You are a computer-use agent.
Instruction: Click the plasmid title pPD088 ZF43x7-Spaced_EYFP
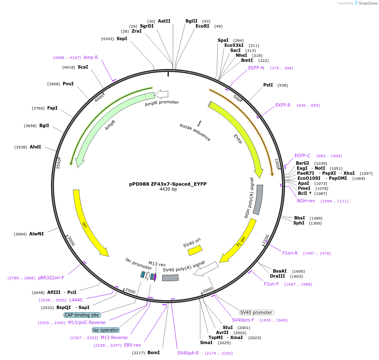point(168,184)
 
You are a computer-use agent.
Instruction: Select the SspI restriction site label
point(122,39)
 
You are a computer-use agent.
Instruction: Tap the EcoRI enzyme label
point(202,26)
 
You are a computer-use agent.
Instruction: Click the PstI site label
point(268,85)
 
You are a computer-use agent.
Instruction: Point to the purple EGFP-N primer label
point(256,68)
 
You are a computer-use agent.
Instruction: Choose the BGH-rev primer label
point(306,201)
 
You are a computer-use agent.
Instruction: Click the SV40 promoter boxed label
point(257,312)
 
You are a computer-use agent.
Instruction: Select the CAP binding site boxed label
point(82,315)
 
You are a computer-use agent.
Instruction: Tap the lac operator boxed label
point(106,330)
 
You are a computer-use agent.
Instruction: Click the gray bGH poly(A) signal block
point(258,200)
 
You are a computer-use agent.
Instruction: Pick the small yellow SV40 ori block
point(195,250)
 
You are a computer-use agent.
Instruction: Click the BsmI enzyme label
point(153,352)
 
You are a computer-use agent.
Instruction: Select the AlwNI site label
point(36,234)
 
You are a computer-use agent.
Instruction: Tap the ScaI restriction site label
point(83,67)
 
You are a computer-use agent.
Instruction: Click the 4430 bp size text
point(168,189)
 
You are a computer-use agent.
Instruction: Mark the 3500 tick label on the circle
point(59,163)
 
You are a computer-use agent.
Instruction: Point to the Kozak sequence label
point(195,132)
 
